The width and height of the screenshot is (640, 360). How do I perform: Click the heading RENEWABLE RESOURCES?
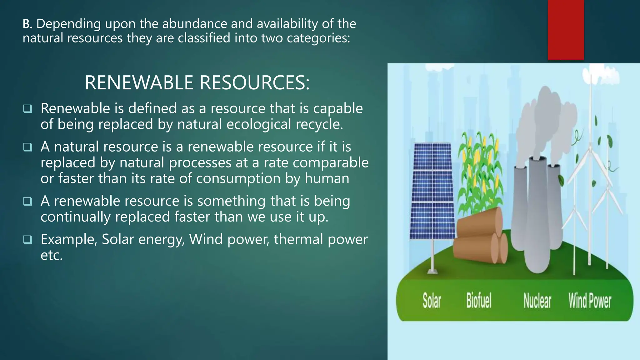tap(197, 83)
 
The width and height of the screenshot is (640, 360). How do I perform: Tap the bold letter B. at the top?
tap(27, 24)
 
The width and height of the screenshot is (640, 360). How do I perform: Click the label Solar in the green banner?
tap(432, 301)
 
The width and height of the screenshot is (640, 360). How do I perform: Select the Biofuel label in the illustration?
tap(479, 301)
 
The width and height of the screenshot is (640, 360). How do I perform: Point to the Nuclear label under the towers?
tap(537, 301)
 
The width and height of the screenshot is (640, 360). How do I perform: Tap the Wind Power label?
tap(590, 301)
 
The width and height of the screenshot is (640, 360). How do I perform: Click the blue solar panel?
tap(432, 191)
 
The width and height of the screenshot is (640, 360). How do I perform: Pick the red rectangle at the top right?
tap(566, 30)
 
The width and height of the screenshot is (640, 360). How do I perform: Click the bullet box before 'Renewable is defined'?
tap(27, 109)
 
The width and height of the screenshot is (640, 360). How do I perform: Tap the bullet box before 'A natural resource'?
tap(27, 147)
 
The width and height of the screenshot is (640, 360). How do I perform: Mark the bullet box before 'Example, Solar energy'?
tap(27, 240)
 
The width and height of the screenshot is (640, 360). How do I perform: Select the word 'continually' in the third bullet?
tap(75, 217)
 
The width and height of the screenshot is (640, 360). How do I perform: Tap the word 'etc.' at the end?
tap(52, 255)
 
